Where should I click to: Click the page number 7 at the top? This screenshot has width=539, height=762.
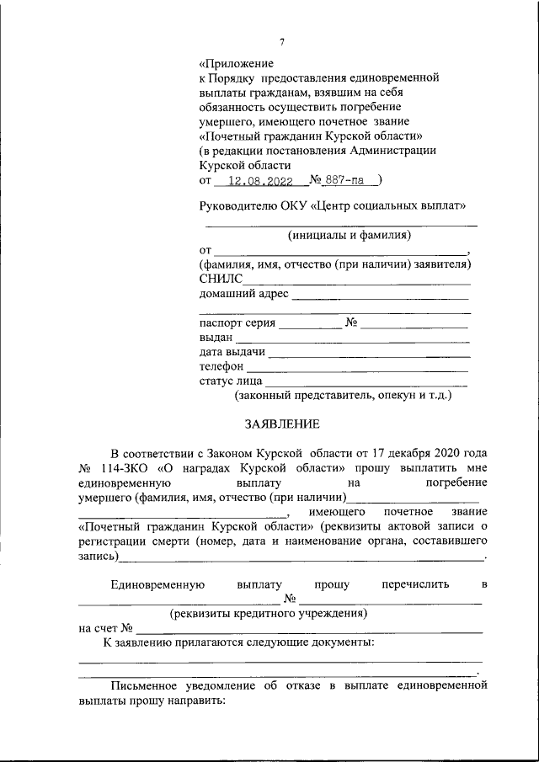[283, 43]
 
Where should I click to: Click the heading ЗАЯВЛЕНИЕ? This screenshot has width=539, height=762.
[283, 423]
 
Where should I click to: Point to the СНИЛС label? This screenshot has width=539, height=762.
[221, 279]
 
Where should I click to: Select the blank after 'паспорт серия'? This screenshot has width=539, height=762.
[310, 325]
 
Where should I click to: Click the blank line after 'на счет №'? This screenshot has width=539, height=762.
[309, 631]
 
